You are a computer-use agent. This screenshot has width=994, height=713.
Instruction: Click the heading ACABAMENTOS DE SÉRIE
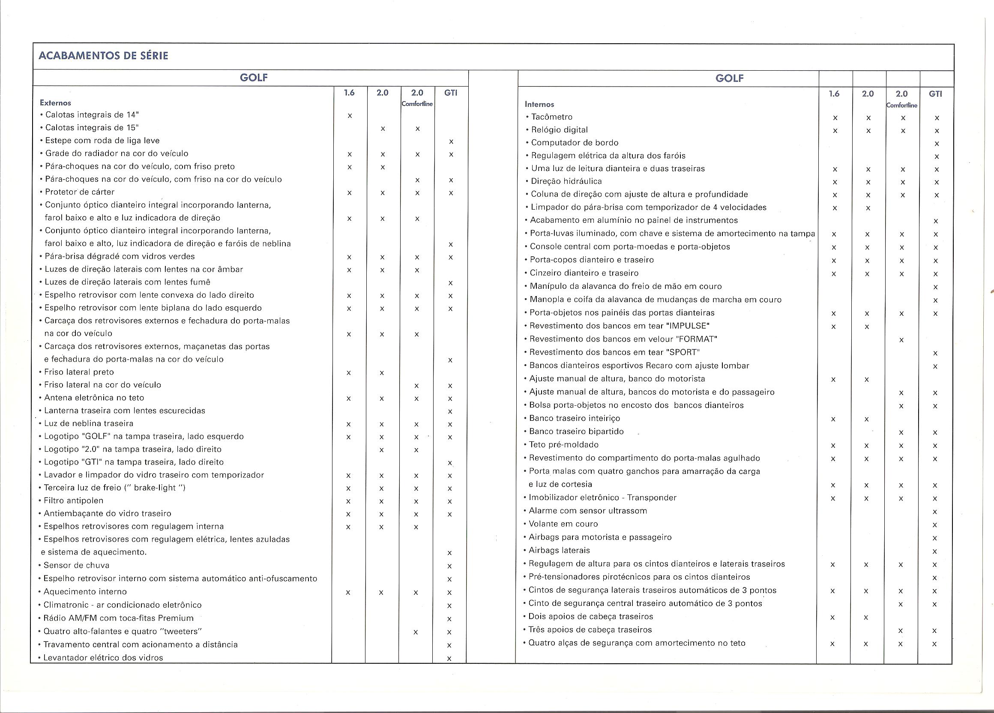click(x=103, y=56)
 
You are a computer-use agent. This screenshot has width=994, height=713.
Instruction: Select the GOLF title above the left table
click(x=254, y=78)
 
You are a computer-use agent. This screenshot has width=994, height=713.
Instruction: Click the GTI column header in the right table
click(x=935, y=93)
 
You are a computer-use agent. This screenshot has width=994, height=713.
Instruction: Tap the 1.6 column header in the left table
click(x=349, y=93)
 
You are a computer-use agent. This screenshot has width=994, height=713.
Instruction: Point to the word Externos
click(x=55, y=103)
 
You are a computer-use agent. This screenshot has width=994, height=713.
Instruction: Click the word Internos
click(x=539, y=104)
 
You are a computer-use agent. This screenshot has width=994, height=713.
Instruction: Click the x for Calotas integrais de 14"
click(x=349, y=116)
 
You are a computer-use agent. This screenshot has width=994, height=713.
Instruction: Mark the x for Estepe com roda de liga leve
click(x=451, y=141)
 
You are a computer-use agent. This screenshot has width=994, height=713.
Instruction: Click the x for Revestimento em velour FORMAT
click(x=901, y=340)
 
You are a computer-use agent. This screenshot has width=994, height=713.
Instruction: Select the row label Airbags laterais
click(x=559, y=550)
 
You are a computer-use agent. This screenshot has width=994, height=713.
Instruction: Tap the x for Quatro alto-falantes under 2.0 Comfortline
click(x=416, y=632)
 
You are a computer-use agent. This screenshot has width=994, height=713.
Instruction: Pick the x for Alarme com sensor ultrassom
click(x=935, y=512)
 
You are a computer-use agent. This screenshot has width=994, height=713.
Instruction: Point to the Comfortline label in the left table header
click(x=417, y=104)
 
